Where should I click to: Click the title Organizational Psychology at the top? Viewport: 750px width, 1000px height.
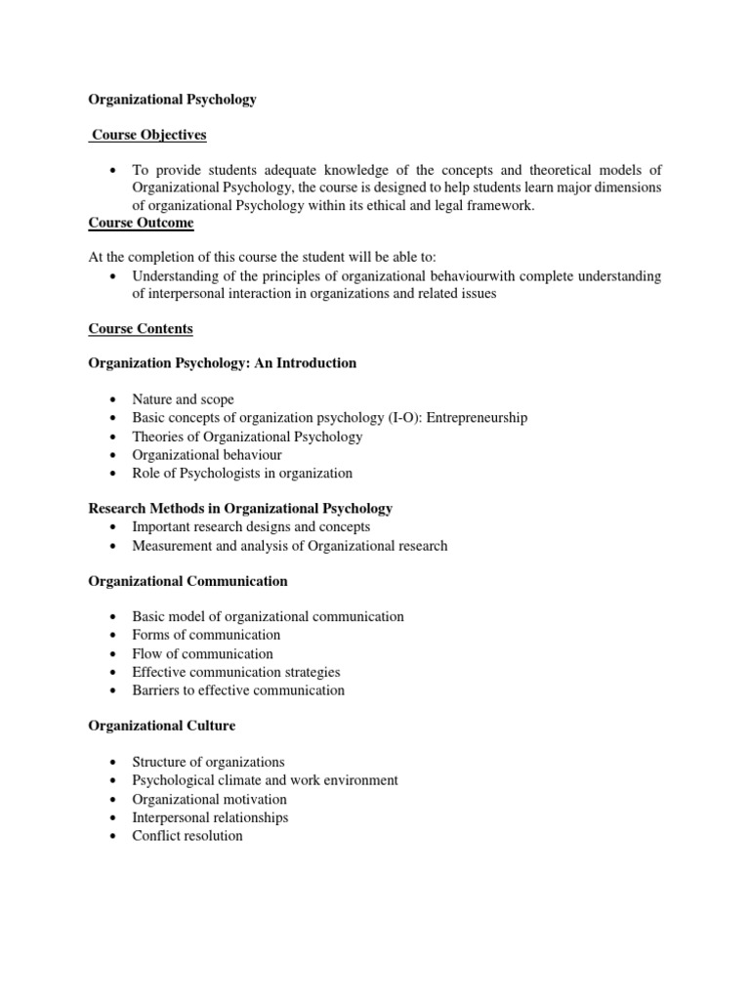click(x=173, y=100)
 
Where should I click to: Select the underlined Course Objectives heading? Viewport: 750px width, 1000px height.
click(x=149, y=135)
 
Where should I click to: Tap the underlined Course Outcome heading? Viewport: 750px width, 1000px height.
click(x=141, y=223)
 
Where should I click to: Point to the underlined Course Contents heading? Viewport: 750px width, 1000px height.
click(x=141, y=328)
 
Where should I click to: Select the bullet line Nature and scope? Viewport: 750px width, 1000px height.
click(x=184, y=399)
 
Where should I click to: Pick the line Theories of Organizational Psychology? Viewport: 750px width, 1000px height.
click(x=247, y=437)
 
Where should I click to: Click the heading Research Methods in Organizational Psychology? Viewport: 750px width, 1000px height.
click(x=240, y=508)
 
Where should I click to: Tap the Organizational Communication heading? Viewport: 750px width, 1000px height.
click(x=187, y=581)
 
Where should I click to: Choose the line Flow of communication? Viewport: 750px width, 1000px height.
click(x=203, y=653)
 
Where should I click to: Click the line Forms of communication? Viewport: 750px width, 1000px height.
click(x=206, y=635)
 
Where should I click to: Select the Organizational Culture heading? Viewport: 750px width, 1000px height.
click(x=161, y=726)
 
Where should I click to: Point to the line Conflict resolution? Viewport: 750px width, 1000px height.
click(x=187, y=836)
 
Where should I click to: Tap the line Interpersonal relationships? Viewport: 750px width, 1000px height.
click(x=210, y=817)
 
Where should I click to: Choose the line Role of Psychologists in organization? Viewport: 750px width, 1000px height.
click(x=242, y=473)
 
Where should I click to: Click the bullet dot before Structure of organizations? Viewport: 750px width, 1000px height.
click(x=114, y=763)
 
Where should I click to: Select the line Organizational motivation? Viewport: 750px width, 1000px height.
click(x=210, y=799)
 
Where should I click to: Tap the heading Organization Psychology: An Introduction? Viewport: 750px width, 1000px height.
click(x=223, y=363)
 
